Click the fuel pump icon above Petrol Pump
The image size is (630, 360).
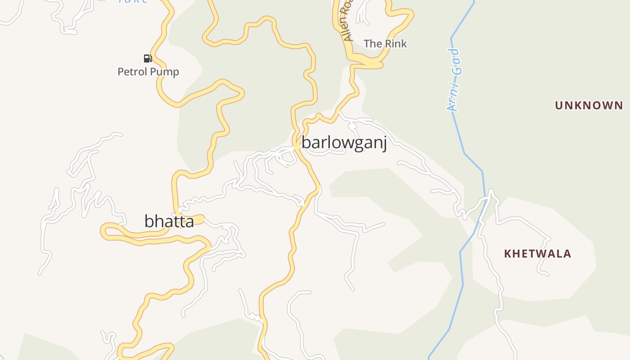148,58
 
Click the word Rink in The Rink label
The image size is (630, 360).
396,44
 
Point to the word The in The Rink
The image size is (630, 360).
373,44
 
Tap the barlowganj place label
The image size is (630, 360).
344,143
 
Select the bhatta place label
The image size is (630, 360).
169,221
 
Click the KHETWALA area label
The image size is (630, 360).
537,254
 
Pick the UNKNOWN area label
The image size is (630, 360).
589,106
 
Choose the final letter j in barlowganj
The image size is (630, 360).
384,144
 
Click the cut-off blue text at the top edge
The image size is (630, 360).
133,1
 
